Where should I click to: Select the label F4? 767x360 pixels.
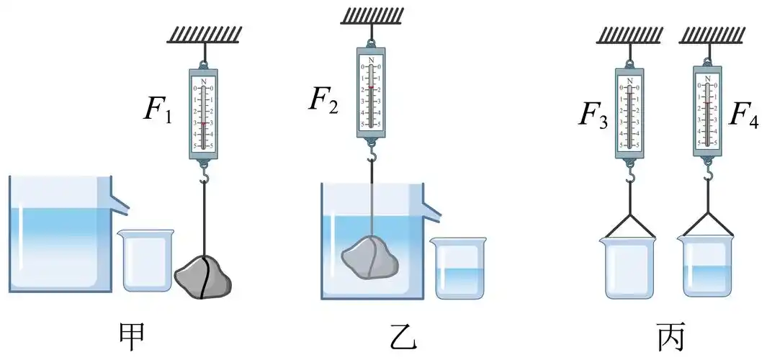(x=743, y=114)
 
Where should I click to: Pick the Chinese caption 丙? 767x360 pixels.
(x=672, y=335)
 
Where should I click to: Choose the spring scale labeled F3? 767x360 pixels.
(x=630, y=112)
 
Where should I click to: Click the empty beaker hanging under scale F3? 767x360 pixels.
(x=629, y=266)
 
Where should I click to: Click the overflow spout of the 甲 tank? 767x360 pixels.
(x=121, y=204)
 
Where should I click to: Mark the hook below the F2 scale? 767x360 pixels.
(x=370, y=154)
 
